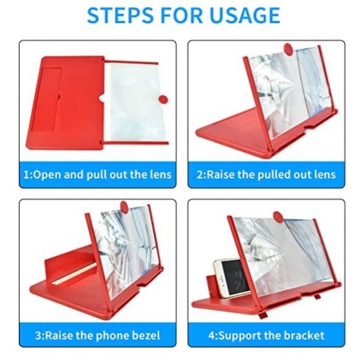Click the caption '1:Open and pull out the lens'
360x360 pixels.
pos(97,174)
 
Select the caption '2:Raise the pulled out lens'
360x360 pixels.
pos(266,174)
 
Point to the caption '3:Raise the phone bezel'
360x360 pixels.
pos(97,335)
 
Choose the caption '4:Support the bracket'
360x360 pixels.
pos(266,335)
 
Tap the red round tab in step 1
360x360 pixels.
pos(163,100)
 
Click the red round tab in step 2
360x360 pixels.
pos(289,49)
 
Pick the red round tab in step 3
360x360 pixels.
pos(124,207)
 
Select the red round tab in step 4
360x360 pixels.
pos(278,217)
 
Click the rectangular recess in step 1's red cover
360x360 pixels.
pos(46,97)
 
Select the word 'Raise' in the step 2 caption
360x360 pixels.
pos(219,174)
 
